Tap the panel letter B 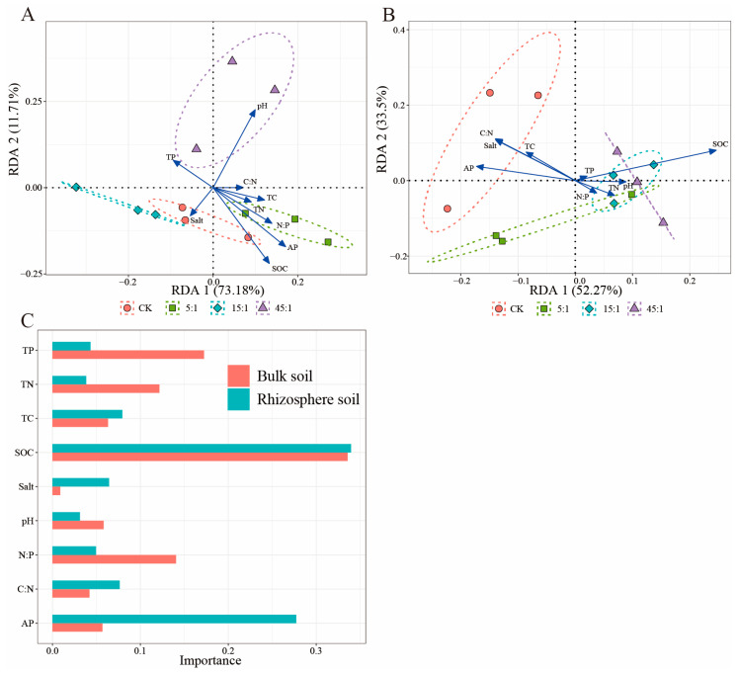pos(388,14)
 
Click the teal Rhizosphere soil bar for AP pos(174,619)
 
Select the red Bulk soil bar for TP pos(127,354)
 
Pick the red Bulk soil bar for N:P pos(114,558)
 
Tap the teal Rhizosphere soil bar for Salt pos(80,481)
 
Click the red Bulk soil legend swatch pos(237,376)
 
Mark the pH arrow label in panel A pos(262,105)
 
